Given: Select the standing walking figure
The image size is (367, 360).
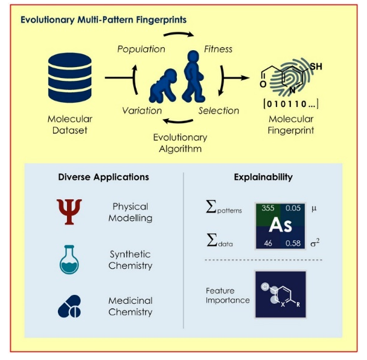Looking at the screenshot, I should pos(196,76).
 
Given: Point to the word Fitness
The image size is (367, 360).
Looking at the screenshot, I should pos(217,48).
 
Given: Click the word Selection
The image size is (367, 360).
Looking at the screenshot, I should pos(219,111).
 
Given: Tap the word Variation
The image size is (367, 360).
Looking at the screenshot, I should pos(142,111).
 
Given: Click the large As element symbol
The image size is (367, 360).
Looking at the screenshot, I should pos(280,225).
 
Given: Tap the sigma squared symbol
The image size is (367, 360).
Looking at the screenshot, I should pos(314,243).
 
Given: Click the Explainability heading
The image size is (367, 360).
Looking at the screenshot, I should pos(263,178).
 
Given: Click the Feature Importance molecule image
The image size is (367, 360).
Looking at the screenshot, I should pos(280,295).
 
